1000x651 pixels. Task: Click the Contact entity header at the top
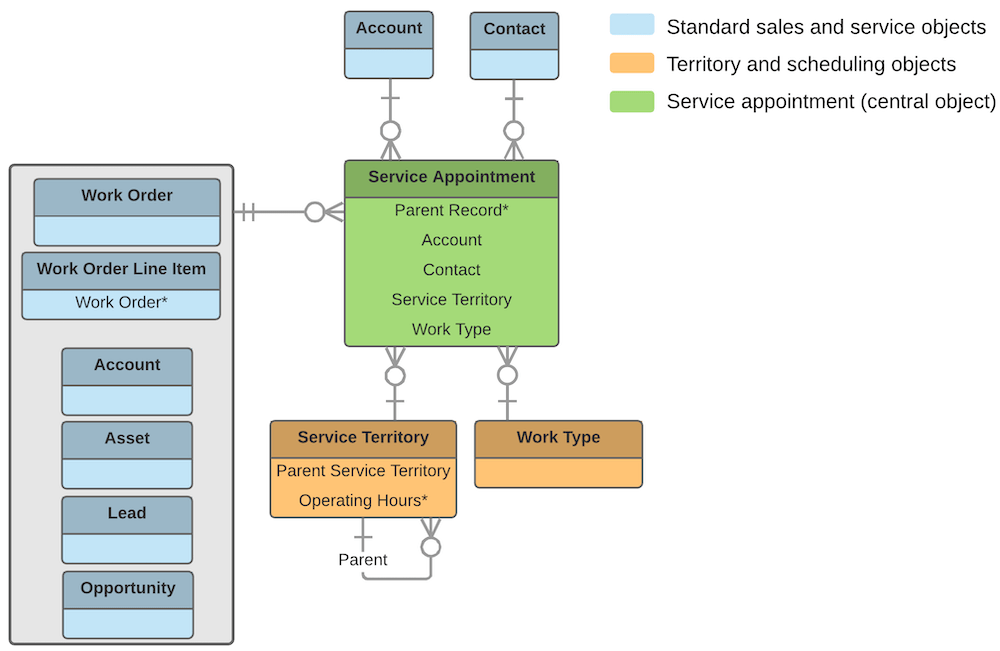514,29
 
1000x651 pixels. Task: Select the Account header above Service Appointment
389,28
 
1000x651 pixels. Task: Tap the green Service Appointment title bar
451,178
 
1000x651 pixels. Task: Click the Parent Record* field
451,210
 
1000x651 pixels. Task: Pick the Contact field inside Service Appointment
451,270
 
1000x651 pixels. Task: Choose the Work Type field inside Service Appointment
451,329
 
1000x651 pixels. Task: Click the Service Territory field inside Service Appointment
451,299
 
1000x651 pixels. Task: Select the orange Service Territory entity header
363,438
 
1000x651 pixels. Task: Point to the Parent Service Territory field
363,470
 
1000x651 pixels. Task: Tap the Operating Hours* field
363,500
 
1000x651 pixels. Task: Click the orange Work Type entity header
558,438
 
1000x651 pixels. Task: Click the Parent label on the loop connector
363,559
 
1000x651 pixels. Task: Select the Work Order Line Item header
121,269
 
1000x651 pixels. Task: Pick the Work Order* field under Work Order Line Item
121,302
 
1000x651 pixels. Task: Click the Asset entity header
127,439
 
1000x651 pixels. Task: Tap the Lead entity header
127,513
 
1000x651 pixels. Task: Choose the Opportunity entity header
128,588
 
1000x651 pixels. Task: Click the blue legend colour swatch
632,26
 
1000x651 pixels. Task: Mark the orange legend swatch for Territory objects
632,64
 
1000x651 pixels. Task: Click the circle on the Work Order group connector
315,212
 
